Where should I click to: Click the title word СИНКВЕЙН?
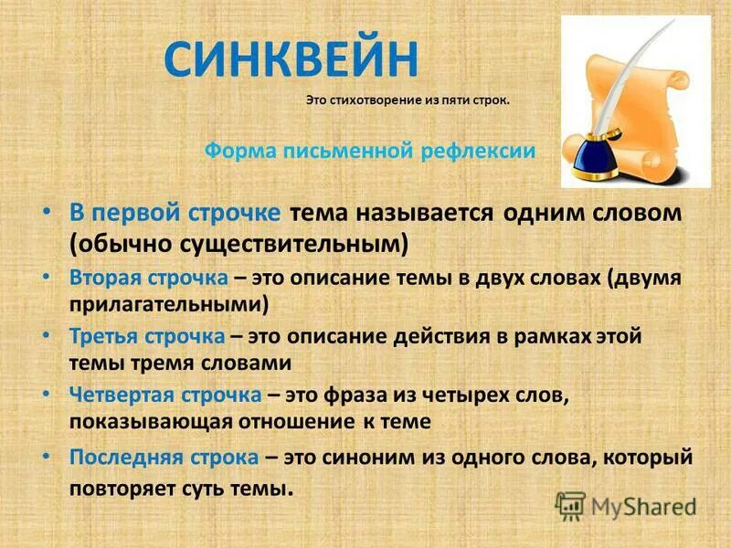[x=291, y=60]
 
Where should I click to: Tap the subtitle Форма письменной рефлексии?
[x=368, y=152]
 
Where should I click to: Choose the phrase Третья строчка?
[x=146, y=335]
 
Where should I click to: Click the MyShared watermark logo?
[x=626, y=504]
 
